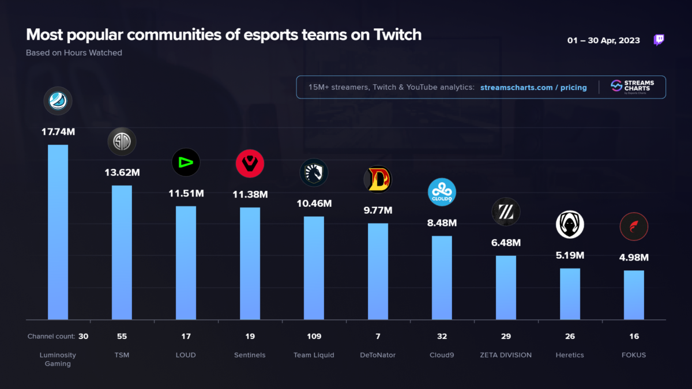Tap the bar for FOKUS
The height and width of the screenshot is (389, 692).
coord(634,294)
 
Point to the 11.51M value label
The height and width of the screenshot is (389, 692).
coord(186,193)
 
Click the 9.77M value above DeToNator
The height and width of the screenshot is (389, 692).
coord(378,210)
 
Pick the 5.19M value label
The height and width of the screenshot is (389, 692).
coord(570,255)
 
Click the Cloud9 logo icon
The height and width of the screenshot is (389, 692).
coord(442,192)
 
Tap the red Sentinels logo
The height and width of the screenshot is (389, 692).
coord(250,164)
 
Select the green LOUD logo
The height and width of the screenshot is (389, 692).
coord(186,163)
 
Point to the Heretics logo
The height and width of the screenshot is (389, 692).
coord(570,225)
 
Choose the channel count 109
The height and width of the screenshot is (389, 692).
coord(314,336)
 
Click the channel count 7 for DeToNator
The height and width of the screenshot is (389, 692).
coord(378,336)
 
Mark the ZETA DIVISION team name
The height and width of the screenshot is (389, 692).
coord(506,355)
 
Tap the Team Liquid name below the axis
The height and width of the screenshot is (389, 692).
coord(314,355)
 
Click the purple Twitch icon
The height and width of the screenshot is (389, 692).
coord(659,40)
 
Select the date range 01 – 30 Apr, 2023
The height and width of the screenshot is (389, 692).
coord(603,41)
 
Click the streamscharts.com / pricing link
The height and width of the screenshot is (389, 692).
coord(533,88)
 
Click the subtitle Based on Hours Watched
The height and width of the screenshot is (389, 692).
coord(74,53)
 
